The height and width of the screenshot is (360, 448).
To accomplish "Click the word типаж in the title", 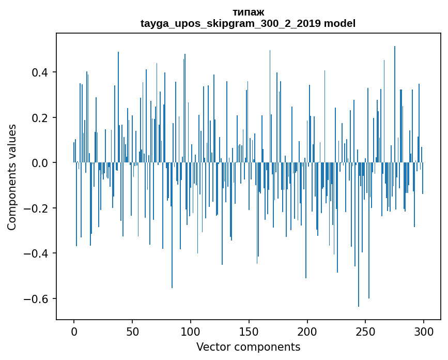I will (248, 12).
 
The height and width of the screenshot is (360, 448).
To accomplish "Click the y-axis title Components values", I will (12, 177).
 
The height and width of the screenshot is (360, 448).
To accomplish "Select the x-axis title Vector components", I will (248, 347).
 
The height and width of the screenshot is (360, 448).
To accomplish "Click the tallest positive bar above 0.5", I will (395, 103).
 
